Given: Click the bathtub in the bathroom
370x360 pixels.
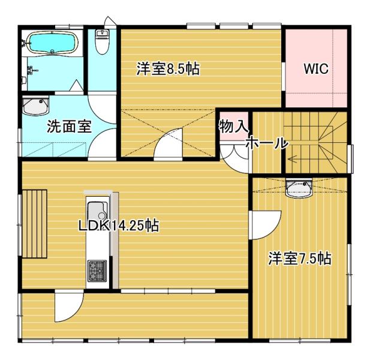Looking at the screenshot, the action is [52, 43].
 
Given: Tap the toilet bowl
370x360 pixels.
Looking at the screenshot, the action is [102, 41].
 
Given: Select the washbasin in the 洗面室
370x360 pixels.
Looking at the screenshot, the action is [35, 106].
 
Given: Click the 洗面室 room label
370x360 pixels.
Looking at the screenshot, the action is [69, 126].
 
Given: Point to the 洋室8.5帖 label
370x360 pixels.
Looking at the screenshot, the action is [168, 68].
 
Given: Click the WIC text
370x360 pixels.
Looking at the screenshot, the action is [316, 68].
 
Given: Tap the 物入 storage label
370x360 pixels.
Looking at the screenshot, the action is [233, 126].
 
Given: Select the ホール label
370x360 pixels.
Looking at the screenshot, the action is [267, 143].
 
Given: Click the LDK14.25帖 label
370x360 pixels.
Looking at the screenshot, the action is [119, 226].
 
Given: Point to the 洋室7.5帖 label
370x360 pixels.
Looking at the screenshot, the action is [300, 258].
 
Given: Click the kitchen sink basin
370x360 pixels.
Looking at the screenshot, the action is [98, 211].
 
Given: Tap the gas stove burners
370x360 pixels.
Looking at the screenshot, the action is [97, 271].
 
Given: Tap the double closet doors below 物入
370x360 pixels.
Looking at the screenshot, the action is [234, 156].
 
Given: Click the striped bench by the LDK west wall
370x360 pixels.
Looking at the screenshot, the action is [35, 223].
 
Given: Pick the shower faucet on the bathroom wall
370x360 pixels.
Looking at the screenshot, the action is [31, 70].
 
